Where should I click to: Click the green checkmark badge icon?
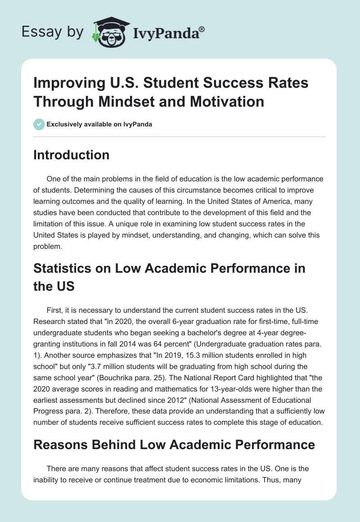[x=39, y=124]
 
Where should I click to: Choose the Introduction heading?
[x=71, y=155]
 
